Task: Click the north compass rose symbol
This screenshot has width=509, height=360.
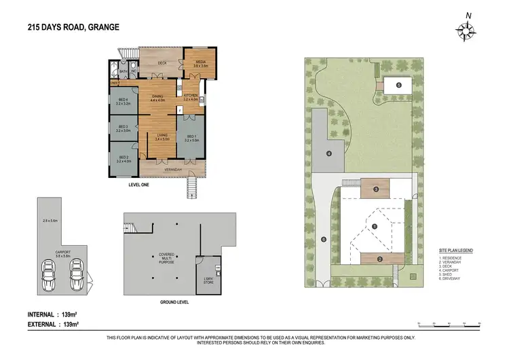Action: click(466, 30)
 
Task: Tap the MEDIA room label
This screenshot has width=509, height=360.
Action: click(201, 62)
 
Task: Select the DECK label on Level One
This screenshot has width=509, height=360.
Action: click(163, 63)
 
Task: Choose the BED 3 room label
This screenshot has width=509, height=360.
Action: click(123, 128)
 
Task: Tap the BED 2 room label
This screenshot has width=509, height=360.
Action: click(123, 159)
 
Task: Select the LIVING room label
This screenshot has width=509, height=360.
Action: click(162, 137)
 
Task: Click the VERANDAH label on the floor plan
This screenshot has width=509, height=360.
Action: click(162, 168)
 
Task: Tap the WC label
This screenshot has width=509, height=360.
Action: click(134, 71)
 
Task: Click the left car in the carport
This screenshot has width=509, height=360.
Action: click(49, 274)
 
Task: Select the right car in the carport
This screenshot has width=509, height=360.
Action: click(75, 274)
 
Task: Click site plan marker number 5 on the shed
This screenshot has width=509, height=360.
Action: click(399, 85)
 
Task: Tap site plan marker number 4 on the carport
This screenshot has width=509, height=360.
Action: click(328, 154)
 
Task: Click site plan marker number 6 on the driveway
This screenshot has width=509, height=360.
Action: click(324, 239)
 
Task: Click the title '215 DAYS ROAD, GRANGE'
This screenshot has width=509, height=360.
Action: click(73, 26)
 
